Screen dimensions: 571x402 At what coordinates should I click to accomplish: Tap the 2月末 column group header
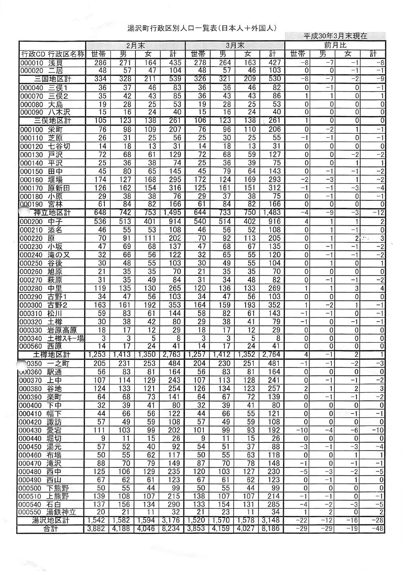click(x=135, y=45)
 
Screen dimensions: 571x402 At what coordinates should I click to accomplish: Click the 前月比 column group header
click(x=335, y=45)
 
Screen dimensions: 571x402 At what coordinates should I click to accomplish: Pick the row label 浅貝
click(x=56, y=63)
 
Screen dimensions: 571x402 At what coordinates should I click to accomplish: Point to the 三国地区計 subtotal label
click(x=53, y=79)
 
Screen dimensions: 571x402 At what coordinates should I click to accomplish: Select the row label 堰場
click(x=55, y=179)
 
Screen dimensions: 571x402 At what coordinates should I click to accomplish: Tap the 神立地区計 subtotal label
click(x=52, y=212)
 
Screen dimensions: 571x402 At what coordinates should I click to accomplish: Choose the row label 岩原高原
click(x=62, y=330)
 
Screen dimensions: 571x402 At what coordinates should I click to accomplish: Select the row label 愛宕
click(x=55, y=430)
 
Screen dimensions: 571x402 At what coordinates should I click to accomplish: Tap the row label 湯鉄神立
click(x=62, y=512)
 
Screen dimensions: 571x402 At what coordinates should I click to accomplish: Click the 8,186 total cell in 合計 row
click(x=272, y=529)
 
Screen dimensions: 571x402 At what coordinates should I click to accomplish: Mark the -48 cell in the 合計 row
click(x=377, y=529)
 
